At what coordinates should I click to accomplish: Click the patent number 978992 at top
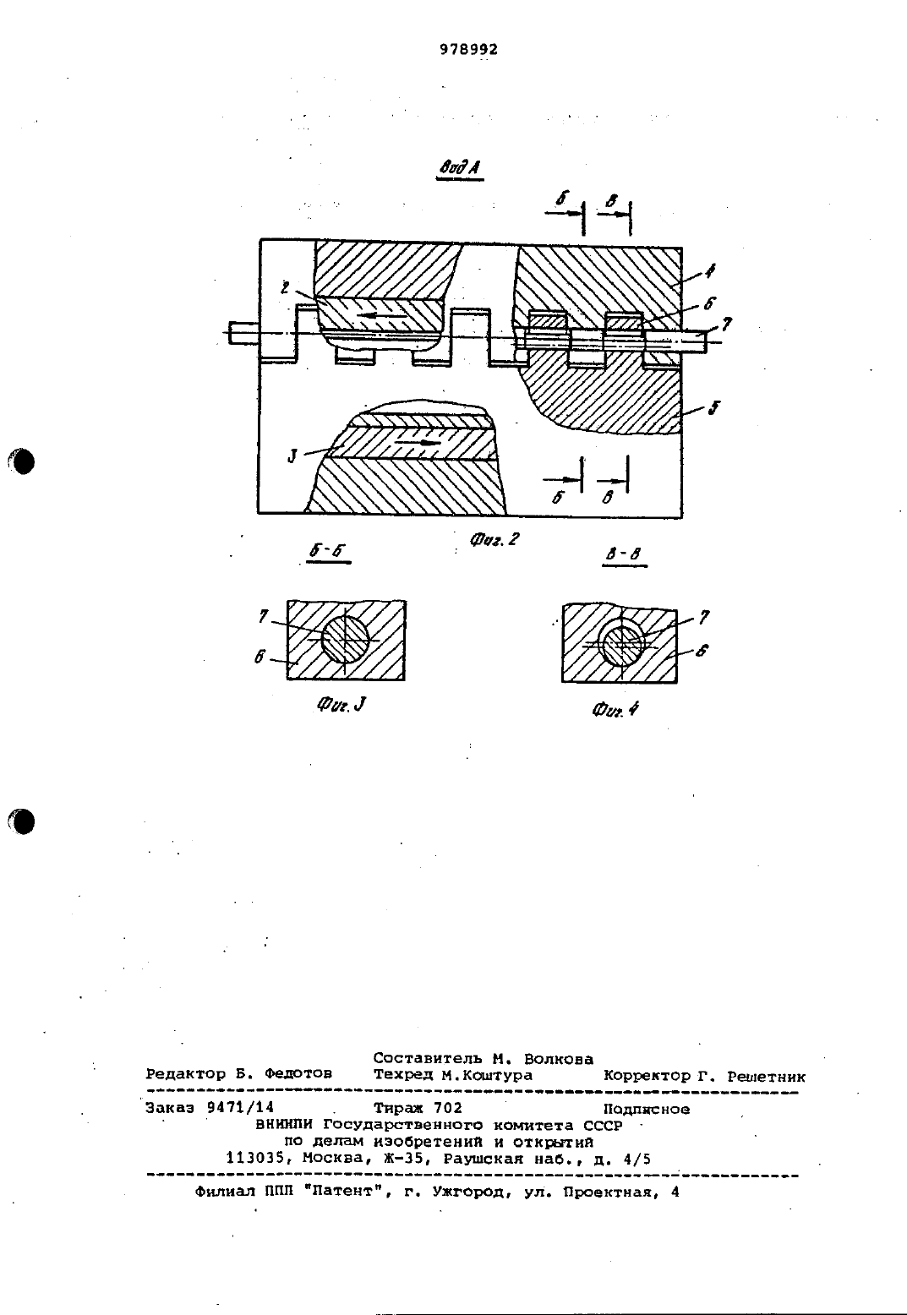tap(468, 50)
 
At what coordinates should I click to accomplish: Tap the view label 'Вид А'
tap(460, 168)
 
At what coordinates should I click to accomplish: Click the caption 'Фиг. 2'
tap(494, 539)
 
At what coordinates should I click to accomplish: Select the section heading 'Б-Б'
tap(328, 551)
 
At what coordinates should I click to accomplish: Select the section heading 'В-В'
tap(624, 554)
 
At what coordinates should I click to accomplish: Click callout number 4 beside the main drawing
tap(710, 270)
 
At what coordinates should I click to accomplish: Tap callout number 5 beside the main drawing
tap(713, 407)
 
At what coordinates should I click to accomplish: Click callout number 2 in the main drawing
tap(285, 287)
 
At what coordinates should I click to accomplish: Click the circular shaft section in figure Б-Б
tap(346, 640)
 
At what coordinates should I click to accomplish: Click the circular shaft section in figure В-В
tap(622, 643)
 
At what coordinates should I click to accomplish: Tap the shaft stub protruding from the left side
tap(244, 332)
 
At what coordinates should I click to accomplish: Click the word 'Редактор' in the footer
tap(185, 1074)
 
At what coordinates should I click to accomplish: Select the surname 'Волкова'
tap(558, 1058)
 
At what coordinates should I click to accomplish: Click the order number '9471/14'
tap(241, 1107)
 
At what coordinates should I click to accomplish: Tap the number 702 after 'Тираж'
tap(447, 1107)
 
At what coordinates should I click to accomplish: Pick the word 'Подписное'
tap(647, 1109)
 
